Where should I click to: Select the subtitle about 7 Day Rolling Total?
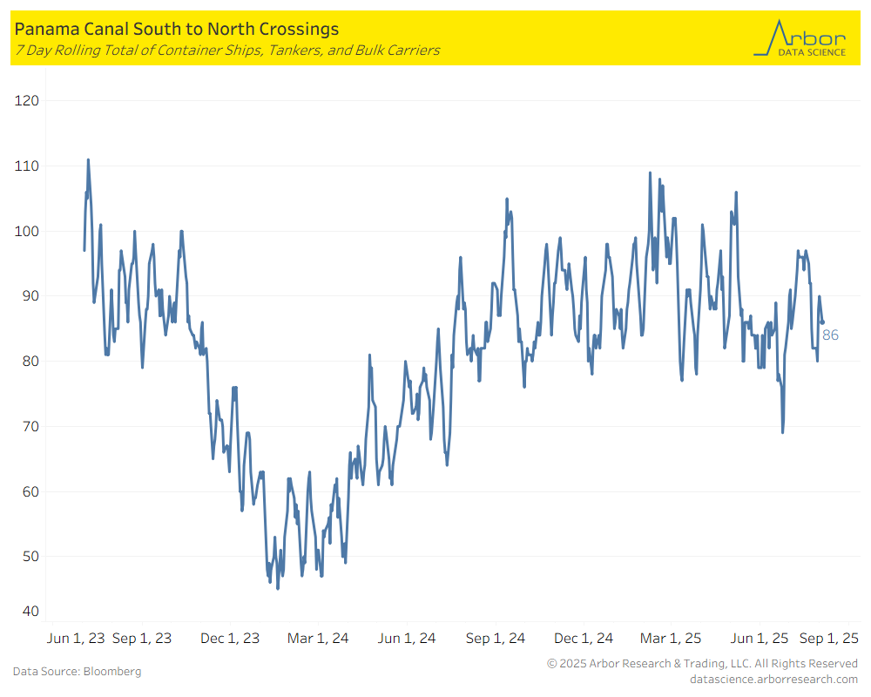click(x=226, y=51)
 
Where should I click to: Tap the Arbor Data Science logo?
click(x=800, y=39)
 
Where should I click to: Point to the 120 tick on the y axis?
click(x=28, y=101)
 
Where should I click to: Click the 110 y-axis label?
click(x=28, y=166)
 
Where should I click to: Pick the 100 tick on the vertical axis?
click(x=28, y=231)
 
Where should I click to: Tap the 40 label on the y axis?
click(x=30, y=611)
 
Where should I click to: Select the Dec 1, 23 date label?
click(x=230, y=638)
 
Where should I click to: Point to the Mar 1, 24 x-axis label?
click(x=318, y=638)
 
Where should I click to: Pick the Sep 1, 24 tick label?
click(x=496, y=638)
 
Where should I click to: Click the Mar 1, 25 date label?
click(x=671, y=638)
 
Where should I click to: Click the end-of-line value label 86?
click(x=830, y=335)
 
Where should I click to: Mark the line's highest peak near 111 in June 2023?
click(x=88, y=160)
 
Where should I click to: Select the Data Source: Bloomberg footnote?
click(x=77, y=671)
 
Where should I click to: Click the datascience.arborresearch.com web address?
click(x=773, y=679)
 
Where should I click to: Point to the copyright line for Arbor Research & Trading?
click(x=702, y=664)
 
